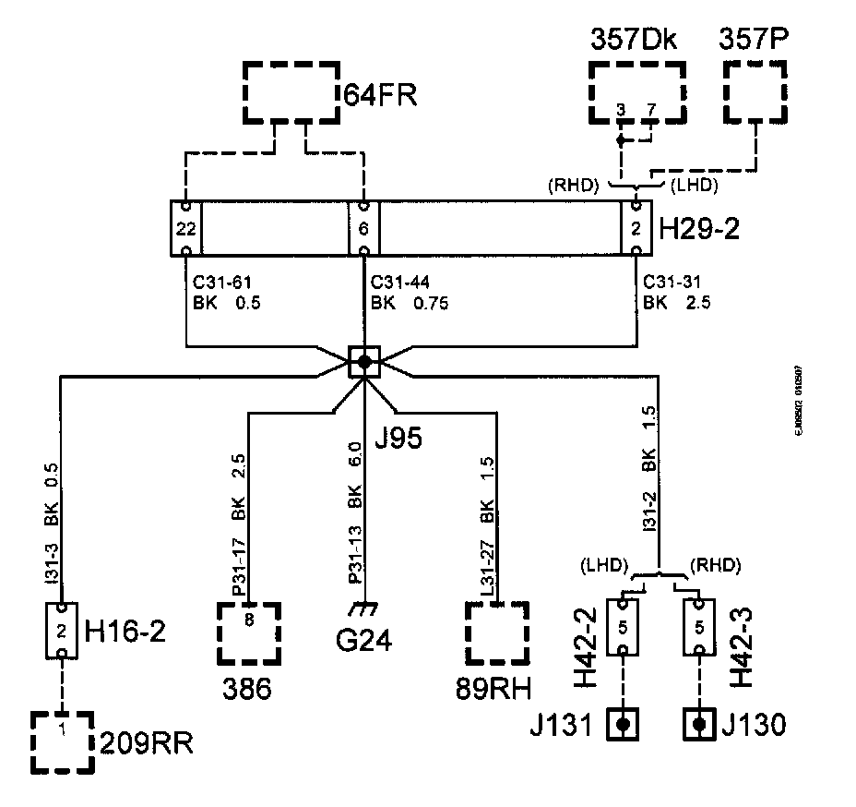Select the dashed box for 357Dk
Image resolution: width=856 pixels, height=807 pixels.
tap(637, 92)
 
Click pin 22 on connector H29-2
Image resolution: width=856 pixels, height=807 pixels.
tap(185, 227)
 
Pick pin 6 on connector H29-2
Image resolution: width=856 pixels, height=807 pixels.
tap(363, 227)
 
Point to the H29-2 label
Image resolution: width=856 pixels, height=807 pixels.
tap(698, 228)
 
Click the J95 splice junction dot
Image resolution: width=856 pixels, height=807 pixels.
tap(363, 361)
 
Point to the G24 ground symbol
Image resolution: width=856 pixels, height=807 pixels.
tap(367, 610)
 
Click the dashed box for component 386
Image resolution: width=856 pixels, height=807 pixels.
tap(249, 632)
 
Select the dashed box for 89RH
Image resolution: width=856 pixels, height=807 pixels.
tap(498, 632)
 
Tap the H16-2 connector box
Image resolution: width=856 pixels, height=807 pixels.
tap(62, 632)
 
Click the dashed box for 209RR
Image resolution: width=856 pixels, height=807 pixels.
tap(62, 741)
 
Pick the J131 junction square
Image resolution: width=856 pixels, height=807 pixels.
tap(624, 725)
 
